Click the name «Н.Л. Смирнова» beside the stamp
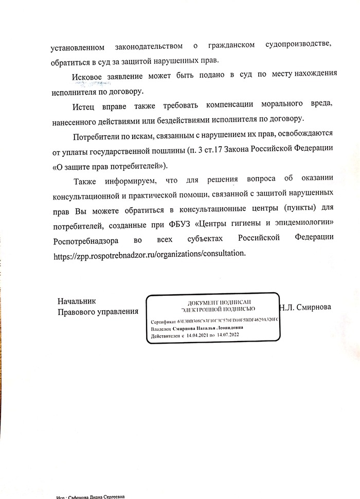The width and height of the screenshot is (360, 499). pyautogui.click(x=305, y=308)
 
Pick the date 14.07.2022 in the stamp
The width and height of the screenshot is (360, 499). pyautogui.click(x=228, y=335)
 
